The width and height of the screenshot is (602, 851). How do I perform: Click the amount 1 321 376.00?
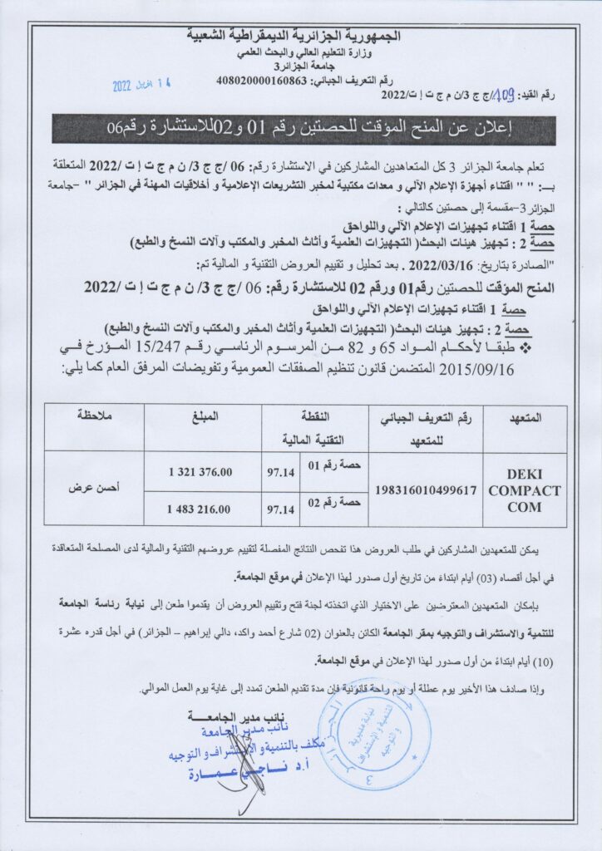pos(200,472)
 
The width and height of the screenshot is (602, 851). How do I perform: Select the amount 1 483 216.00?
pos(200,508)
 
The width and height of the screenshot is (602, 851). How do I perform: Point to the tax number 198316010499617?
pos(427,490)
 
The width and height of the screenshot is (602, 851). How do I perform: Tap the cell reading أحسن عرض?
pos(93,488)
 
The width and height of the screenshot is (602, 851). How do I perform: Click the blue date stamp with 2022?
pos(145,85)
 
